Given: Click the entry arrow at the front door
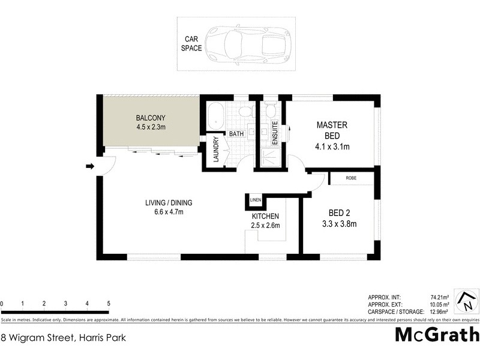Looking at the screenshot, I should pyautogui.click(x=90, y=166).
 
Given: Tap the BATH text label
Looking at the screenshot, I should pyautogui.click(x=235, y=134).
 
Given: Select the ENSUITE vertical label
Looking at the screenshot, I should pyautogui.click(x=275, y=131).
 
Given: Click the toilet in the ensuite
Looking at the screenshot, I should pyautogui.click(x=270, y=110).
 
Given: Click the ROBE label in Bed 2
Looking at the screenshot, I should pyautogui.click(x=352, y=179).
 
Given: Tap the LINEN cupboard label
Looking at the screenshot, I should pyautogui.click(x=256, y=200).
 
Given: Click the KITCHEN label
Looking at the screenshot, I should pyautogui.click(x=265, y=216).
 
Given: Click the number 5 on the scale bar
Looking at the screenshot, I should pyautogui.click(x=108, y=304).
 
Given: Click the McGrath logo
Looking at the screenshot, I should pyautogui.click(x=437, y=335).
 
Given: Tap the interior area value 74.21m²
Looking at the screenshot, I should pyautogui.click(x=440, y=297).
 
